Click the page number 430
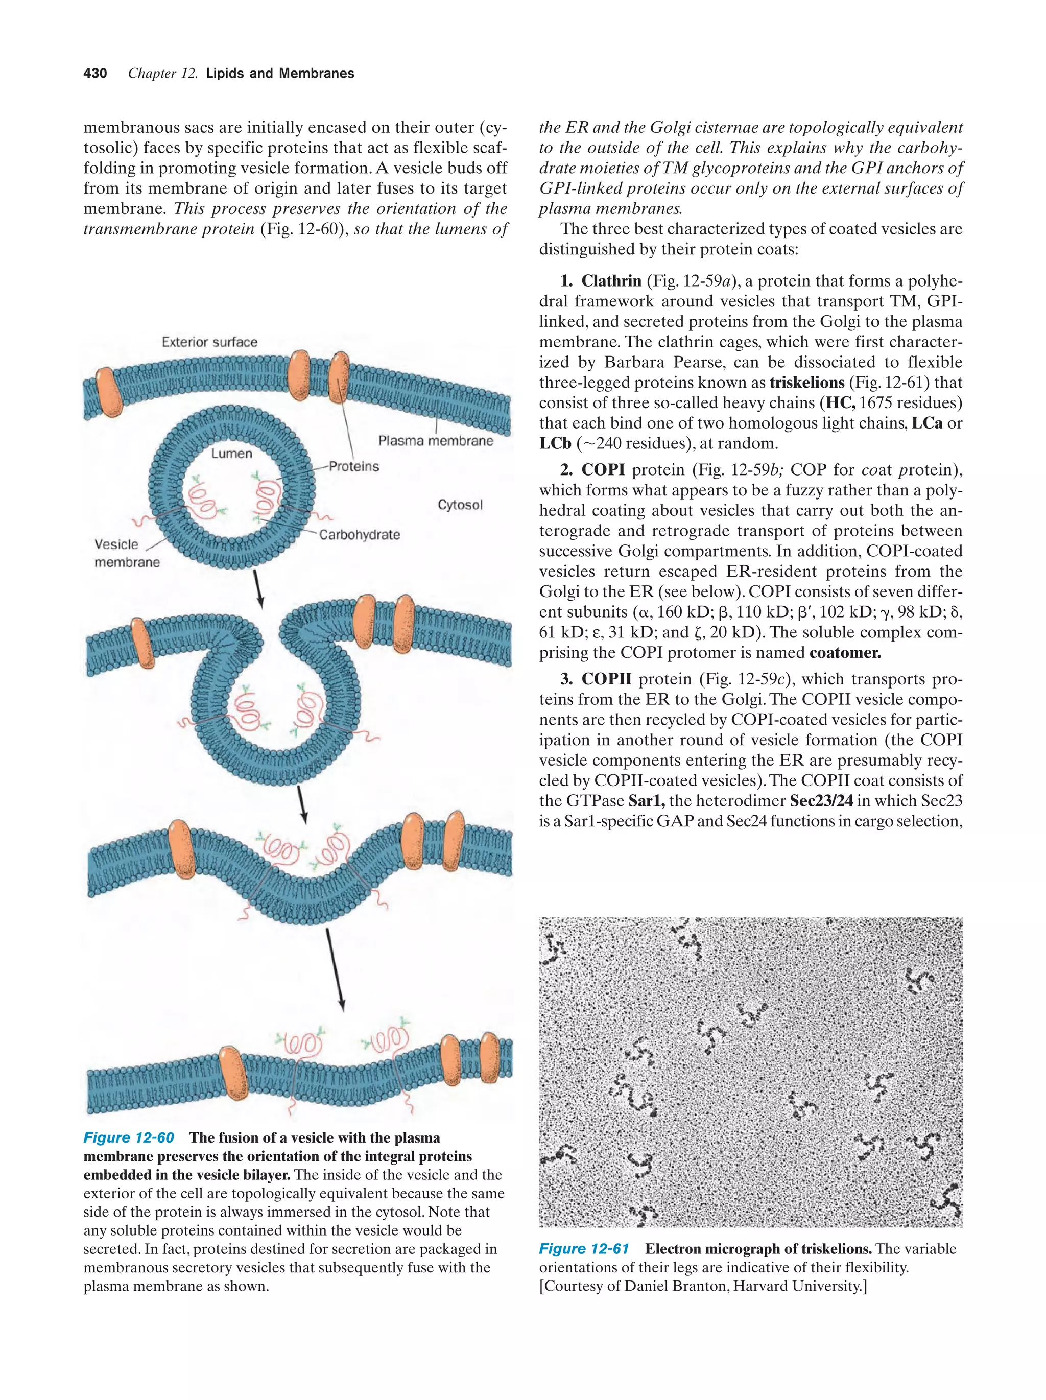pos(95,74)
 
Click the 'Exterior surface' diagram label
pos(209,342)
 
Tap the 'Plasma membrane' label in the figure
pos(435,440)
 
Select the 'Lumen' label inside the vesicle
pos(231,453)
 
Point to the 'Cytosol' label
pos(460,505)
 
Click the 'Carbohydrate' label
pos(360,535)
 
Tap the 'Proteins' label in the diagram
pos(354,466)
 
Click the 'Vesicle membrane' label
pos(126,553)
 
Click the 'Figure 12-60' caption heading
pos(129,1137)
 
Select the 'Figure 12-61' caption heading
pos(583,1249)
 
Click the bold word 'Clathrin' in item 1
pos(611,281)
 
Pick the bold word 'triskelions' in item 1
pos(807,382)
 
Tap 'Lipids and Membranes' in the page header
pos(280,74)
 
